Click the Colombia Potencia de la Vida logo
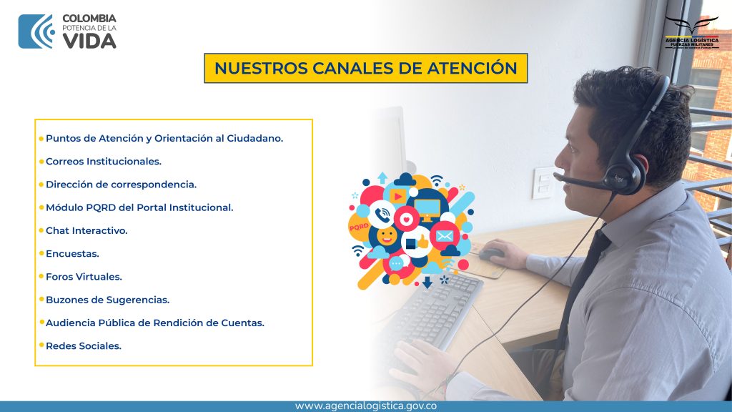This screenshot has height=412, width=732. point(67,31)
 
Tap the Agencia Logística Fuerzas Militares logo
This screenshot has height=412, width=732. point(692,33)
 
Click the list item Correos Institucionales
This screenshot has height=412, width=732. point(104,162)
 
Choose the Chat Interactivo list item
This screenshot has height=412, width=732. point(86,231)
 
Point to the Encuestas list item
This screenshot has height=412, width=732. point(72,254)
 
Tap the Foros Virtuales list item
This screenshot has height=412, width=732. point(84,277)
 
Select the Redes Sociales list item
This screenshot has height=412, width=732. point(84,346)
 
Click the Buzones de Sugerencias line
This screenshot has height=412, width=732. point(107,300)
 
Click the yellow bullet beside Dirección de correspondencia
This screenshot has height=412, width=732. point(41,185)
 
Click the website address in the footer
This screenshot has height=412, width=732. point(365,406)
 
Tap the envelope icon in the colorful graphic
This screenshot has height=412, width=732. point(445,236)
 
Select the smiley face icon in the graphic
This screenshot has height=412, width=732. point(387,236)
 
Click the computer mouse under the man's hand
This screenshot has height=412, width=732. point(492,254)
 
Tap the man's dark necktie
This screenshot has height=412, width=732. point(583,280)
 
